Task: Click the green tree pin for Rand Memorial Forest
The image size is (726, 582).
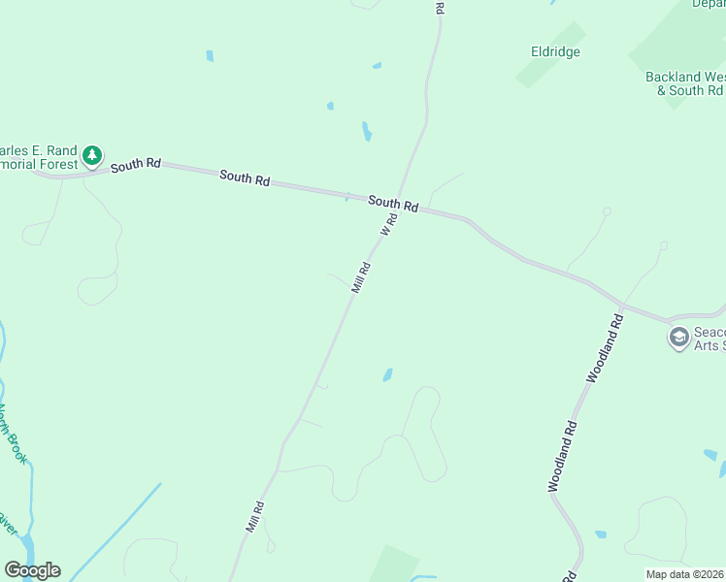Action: click(92, 155)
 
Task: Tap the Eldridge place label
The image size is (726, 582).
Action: click(555, 51)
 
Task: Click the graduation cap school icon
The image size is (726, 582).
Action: click(678, 338)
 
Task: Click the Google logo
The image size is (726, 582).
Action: click(32, 570)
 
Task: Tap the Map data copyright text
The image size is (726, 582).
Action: click(684, 574)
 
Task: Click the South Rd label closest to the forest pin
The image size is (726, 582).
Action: click(135, 166)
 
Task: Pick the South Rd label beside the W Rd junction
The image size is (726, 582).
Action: click(393, 205)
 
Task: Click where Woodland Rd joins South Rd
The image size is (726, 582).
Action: click(622, 305)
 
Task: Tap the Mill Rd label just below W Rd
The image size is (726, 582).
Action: click(361, 278)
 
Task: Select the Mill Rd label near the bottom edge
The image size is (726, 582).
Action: click(255, 516)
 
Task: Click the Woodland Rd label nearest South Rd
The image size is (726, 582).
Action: click(604, 346)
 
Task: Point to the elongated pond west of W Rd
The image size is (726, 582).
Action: click(366, 131)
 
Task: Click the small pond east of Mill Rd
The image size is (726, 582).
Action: click(387, 374)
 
